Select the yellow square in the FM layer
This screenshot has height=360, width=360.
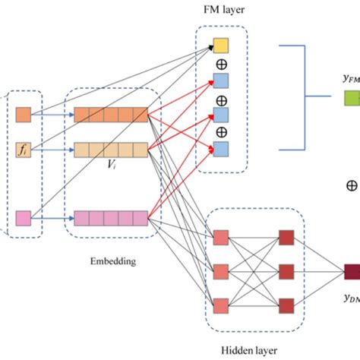pos(220,47)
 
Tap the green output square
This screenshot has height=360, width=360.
pos(352,97)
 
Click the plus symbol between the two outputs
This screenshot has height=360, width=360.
pos(352,185)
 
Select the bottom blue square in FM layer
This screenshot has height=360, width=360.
pos(220,148)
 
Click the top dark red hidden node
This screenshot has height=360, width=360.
pos(287,235)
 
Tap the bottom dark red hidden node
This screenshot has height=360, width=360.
pos(287,305)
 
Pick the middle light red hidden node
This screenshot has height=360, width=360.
pos(221,270)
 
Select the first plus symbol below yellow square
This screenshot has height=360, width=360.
pos(221,64)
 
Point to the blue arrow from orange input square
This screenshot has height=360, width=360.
pos(52,115)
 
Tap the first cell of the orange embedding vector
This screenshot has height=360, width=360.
pos(81,115)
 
